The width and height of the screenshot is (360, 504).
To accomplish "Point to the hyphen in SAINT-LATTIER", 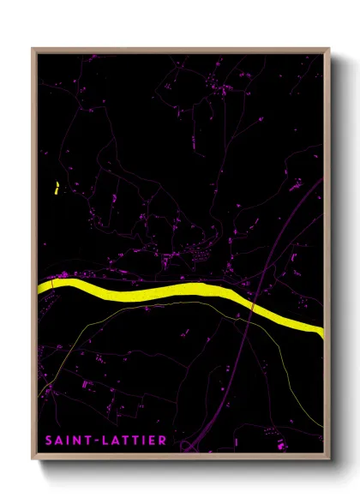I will click(96, 441).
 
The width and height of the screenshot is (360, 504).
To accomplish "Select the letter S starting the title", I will click(50, 441).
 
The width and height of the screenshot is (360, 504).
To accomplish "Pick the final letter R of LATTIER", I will click(163, 441).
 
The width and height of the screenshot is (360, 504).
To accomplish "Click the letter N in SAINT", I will click(80, 441).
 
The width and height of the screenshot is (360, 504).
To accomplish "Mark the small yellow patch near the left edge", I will click(56, 188).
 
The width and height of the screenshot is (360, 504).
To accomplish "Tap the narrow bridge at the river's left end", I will click(54, 284).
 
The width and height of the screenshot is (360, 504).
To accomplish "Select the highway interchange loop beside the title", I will click(190, 443).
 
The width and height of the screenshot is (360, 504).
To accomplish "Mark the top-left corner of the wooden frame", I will click(33, 49).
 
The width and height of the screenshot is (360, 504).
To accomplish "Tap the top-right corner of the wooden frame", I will click(329, 49).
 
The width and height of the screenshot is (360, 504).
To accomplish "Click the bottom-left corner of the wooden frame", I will click(33, 456).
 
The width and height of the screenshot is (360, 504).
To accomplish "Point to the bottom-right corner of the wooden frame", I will click(329, 456).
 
